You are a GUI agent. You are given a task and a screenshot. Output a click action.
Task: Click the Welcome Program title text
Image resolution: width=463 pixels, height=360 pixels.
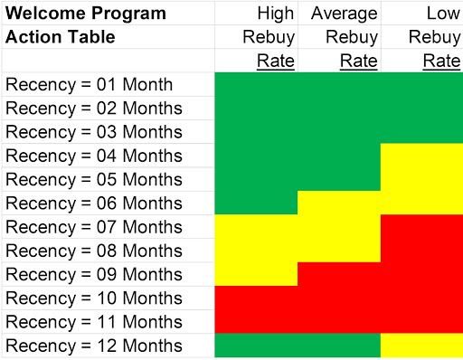point(86,14)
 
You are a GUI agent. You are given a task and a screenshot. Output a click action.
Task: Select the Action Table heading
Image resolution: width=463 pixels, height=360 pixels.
point(61,37)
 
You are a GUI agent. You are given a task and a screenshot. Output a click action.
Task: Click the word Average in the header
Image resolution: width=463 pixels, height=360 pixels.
point(345,14)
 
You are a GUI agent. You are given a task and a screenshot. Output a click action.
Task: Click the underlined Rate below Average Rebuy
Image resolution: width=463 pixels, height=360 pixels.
point(359,61)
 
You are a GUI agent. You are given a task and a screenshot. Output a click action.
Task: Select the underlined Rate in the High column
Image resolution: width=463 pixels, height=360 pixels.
point(277,61)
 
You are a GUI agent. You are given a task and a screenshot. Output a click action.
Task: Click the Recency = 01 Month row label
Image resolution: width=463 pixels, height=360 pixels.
point(90,85)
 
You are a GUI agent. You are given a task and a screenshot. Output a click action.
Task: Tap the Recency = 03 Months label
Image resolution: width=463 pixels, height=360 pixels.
point(93,132)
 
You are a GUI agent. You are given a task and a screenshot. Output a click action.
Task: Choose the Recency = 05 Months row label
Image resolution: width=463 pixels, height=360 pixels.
point(93,179)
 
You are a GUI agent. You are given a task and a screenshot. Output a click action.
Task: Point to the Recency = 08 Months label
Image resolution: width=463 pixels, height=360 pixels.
point(93,251)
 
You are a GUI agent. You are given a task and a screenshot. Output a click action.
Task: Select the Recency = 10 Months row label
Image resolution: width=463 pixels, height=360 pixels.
point(93,298)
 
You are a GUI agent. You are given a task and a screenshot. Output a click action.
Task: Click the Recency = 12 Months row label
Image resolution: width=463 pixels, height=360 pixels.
point(93,346)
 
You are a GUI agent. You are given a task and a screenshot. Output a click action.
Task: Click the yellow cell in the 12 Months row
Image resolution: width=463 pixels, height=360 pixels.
point(420,346)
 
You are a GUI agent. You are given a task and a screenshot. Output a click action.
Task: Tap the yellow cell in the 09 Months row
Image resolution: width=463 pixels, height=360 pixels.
point(256,273)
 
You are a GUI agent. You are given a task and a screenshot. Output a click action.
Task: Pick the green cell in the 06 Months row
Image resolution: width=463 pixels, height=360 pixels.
point(256,203)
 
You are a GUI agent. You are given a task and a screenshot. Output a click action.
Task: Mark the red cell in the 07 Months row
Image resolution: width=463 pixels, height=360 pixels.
point(420,226)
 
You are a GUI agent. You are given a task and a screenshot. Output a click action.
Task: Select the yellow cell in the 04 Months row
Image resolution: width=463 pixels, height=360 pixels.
point(420,156)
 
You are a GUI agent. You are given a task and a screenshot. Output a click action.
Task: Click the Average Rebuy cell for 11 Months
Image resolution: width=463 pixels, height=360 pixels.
point(338,321)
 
